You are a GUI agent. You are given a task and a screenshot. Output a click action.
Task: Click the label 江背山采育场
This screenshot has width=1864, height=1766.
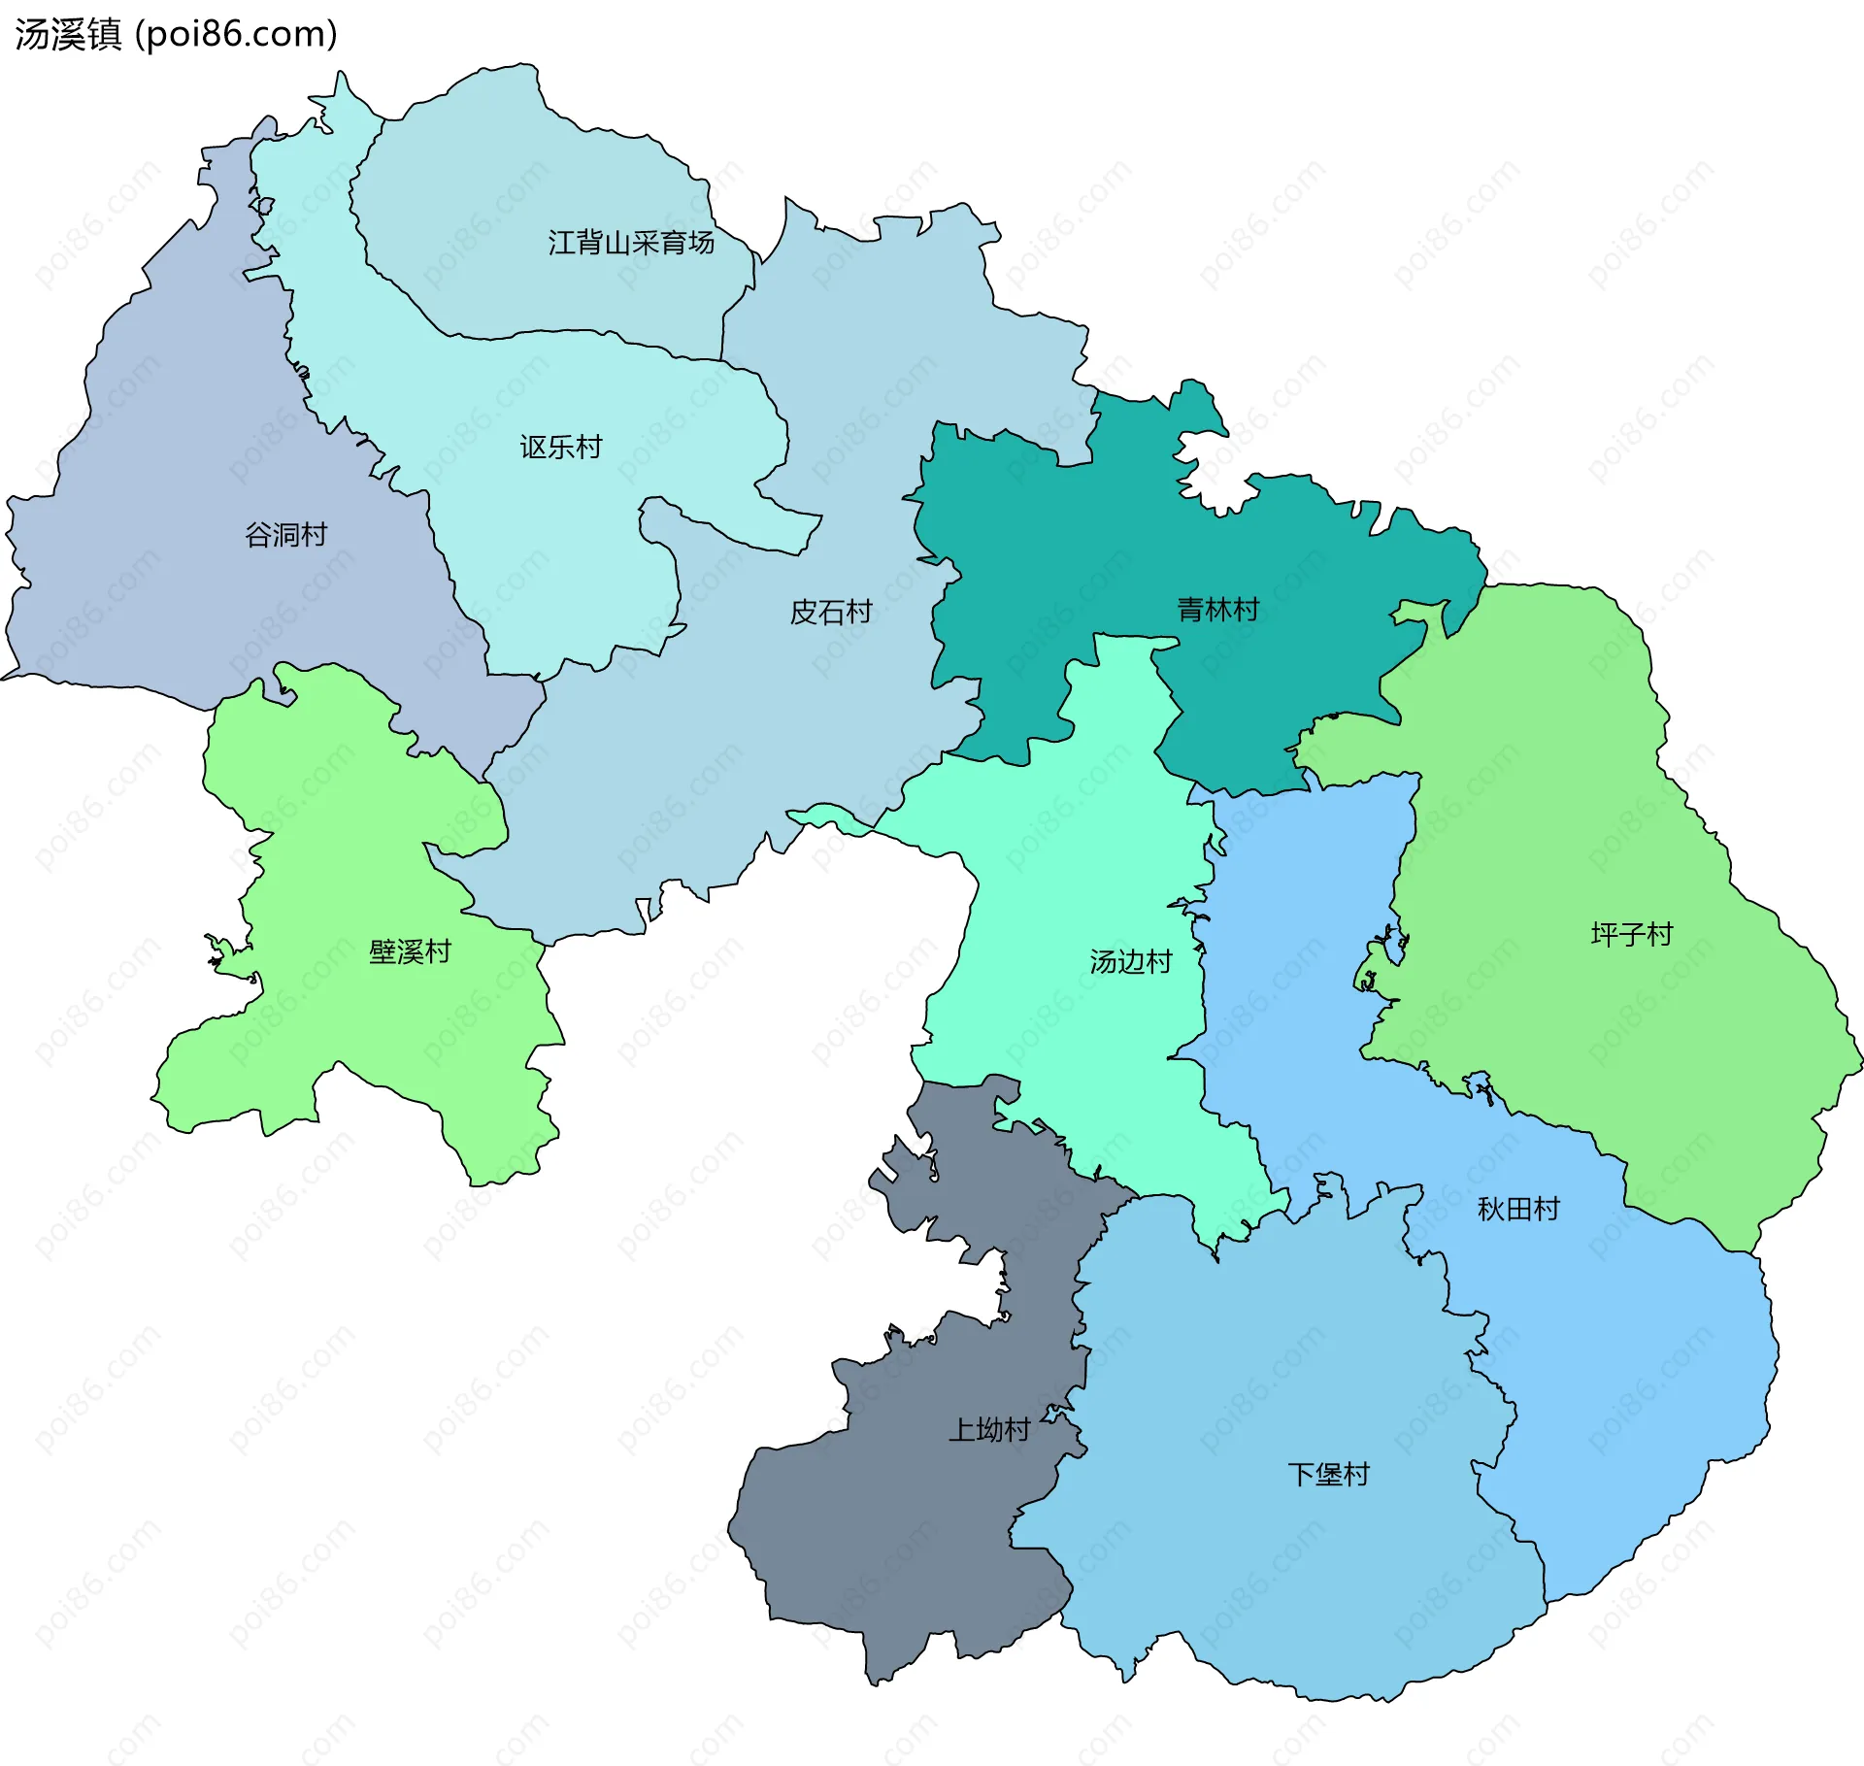(631, 242)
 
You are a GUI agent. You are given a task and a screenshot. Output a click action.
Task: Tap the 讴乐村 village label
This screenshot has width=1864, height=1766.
(560, 447)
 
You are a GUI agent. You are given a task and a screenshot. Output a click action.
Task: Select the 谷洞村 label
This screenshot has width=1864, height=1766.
(285, 534)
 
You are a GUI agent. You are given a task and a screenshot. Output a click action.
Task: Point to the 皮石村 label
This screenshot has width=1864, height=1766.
(831, 612)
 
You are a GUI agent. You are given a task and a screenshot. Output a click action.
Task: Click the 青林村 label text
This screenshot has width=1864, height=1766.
(1217, 609)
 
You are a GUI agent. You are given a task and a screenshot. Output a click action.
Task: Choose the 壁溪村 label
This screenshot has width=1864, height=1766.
(410, 951)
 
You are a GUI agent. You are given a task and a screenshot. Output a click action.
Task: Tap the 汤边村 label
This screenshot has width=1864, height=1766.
(1130, 961)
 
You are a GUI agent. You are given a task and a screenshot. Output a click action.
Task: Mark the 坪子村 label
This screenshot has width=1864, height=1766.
(1631, 934)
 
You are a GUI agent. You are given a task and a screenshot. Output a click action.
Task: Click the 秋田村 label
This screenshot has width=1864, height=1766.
(1517, 1209)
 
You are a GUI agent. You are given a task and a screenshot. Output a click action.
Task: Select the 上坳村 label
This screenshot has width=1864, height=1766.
(988, 1430)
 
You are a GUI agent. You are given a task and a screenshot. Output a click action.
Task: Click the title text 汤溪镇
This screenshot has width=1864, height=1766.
(68, 34)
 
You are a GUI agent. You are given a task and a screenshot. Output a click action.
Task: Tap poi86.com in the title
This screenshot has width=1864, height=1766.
(237, 34)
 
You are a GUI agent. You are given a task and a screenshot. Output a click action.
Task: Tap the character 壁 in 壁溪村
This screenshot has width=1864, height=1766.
(383, 951)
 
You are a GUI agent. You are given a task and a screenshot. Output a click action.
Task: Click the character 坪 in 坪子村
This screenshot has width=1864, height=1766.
(1604, 934)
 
